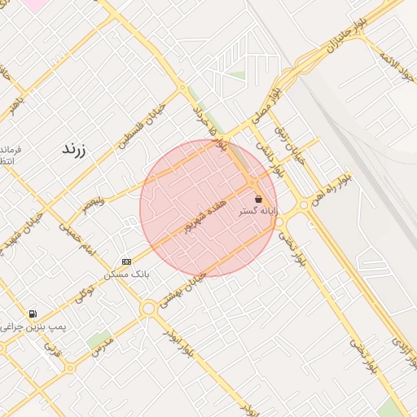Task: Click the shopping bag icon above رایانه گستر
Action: pos(259,199)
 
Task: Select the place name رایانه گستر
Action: pos(258,211)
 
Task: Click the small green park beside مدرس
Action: pos(99,338)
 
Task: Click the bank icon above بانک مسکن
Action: pos(126,261)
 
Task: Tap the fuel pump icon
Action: pos(33,314)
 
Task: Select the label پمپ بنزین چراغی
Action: pos(34,326)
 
